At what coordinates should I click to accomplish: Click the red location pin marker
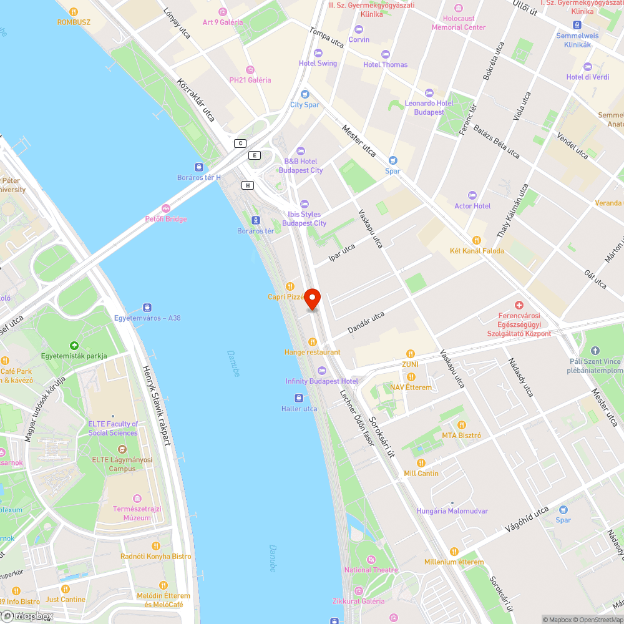pos(312,299)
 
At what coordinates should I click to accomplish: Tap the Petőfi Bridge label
pos(166,219)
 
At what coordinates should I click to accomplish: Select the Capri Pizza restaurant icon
pos(290,286)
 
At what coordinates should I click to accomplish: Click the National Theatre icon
pos(371,558)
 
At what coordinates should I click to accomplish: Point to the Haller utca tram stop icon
pos(299,397)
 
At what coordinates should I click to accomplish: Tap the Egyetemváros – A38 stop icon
pos(147,307)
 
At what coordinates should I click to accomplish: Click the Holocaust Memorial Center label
pos(459,23)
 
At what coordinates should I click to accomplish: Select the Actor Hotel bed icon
pos(472,195)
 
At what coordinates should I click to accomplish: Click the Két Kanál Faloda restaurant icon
pos(477,240)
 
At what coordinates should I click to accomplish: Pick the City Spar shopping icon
pos(305,94)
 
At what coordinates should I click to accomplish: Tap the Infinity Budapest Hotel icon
pos(322,370)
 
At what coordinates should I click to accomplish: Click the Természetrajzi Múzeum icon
pos(137,498)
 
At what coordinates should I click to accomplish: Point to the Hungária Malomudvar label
pos(452,511)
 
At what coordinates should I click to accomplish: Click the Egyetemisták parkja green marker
pos(74,345)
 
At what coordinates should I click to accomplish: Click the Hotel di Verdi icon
pos(587,66)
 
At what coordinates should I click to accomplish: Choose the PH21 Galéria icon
pos(250,69)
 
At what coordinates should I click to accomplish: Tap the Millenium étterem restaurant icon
pos(454,552)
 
